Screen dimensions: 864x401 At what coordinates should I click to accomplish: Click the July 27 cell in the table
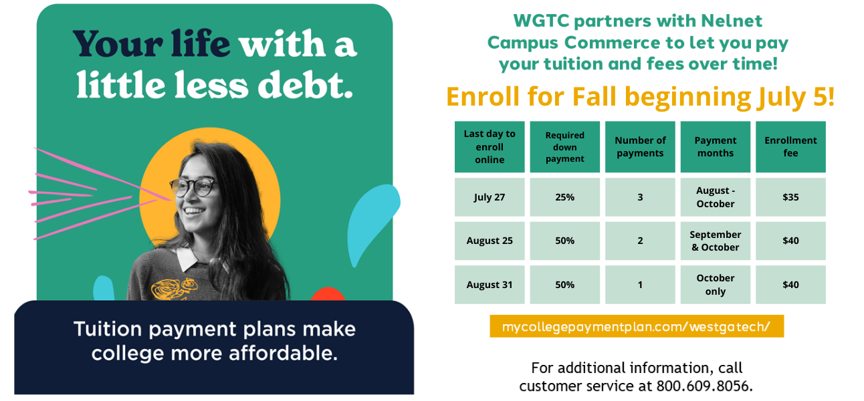click(490, 197)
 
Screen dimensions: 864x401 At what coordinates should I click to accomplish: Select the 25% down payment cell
click(564, 197)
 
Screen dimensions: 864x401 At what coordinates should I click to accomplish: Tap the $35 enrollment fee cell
click(790, 197)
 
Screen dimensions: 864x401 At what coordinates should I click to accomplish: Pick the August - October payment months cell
click(715, 197)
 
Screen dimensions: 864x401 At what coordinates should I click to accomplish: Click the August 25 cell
click(490, 241)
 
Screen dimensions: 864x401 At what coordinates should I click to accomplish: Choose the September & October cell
click(715, 241)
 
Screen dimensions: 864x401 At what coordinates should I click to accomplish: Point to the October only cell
click(715, 285)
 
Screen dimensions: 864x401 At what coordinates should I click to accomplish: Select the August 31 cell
click(490, 285)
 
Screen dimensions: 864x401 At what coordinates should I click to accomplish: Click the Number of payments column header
click(640, 147)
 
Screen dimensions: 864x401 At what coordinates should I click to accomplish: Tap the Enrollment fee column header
click(790, 147)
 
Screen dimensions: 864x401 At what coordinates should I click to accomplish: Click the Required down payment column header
click(564, 147)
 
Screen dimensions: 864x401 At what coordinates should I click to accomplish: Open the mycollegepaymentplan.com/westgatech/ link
click(637, 326)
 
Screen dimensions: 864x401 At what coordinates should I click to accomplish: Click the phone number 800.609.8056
click(704, 386)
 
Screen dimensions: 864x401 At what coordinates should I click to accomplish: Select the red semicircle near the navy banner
click(328, 295)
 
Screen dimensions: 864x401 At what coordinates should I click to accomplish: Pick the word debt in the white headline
click(305, 85)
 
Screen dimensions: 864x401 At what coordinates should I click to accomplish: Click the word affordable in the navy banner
click(283, 353)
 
